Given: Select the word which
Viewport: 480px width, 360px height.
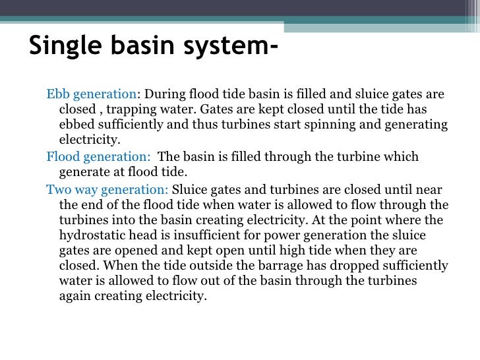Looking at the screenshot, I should coord(401,157).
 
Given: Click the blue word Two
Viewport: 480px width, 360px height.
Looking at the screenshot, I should coord(58,189).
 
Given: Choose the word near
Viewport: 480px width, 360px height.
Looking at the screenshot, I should coord(429,189).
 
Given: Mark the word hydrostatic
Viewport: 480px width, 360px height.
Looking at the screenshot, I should coord(92,236).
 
